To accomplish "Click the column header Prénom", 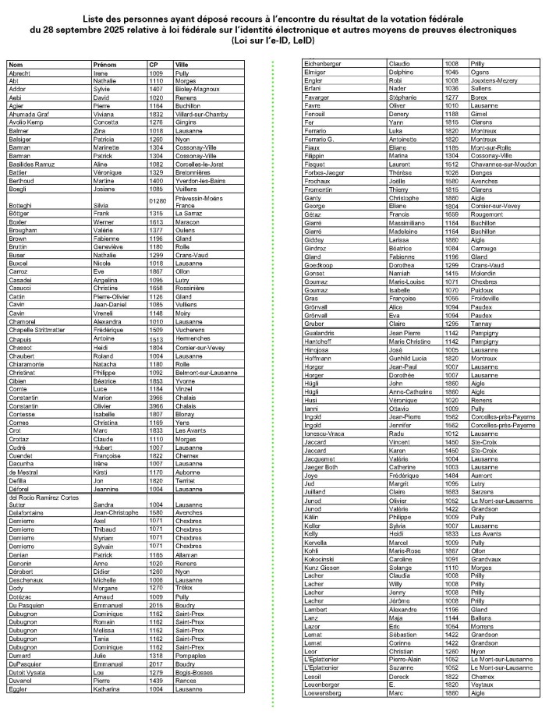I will (104, 65).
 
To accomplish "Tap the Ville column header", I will (182, 65).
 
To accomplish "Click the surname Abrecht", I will (19, 73).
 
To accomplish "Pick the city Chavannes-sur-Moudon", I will (504, 164).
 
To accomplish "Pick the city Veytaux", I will (483, 684).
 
